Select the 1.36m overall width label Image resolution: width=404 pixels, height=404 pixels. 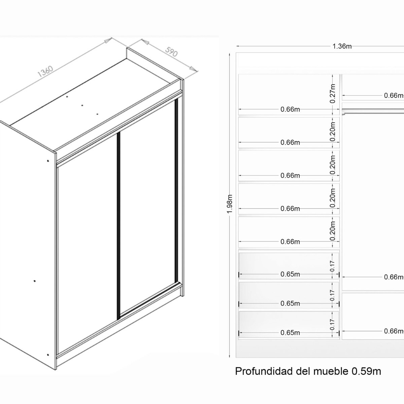pyautogui.click(x=342, y=46)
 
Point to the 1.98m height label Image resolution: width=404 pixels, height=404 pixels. pyautogui.click(x=230, y=203)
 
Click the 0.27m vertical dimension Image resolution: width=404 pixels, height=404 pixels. pyautogui.click(x=333, y=93)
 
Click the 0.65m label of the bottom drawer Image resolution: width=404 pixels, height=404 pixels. pyautogui.click(x=290, y=333)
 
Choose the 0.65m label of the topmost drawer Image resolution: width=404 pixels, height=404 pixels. pyautogui.click(x=290, y=274)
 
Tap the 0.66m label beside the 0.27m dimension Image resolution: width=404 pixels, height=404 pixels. pyautogui.click(x=290, y=109)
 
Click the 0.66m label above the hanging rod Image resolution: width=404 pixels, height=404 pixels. pyautogui.click(x=394, y=96)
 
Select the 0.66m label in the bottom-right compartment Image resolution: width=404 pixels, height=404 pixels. pyautogui.click(x=394, y=331)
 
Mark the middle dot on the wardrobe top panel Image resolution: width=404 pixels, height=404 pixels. pyautogui.click(x=82, y=105)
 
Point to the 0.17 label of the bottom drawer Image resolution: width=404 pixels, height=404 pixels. pyautogui.click(x=332, y=325)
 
